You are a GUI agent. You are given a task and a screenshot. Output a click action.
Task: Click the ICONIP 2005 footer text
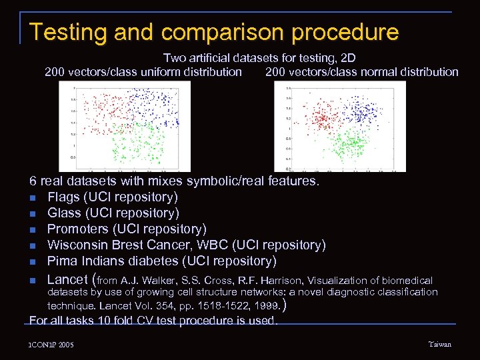51,345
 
